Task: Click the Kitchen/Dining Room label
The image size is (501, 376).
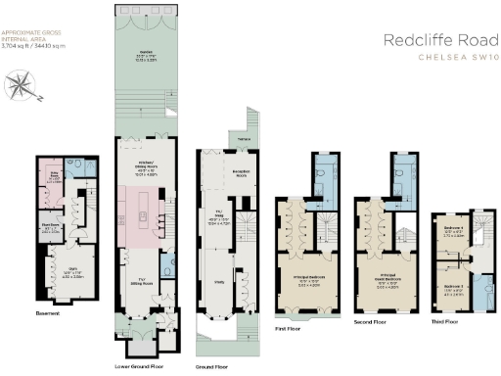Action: pyautogui.click(x=145, y=172)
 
